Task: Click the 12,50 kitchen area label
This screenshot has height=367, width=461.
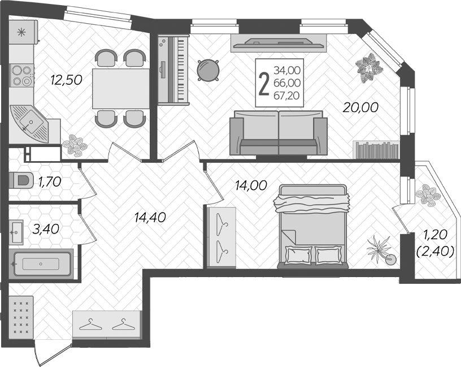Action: tap(66, 80)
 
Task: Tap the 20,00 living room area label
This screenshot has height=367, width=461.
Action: tap(360, 107)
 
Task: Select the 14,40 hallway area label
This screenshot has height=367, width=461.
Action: tap(150, 218)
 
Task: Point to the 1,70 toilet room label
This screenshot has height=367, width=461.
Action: tap(50, 182)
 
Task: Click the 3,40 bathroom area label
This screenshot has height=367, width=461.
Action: tap(46, 229)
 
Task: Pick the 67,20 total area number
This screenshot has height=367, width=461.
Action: tap(287, 96)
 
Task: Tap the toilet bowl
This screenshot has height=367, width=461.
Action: tap(20, 180)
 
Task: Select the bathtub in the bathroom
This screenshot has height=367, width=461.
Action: tap(41, 264)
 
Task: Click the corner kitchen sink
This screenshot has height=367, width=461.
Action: tap(29, 123)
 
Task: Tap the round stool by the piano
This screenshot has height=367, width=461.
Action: tap(208, 70)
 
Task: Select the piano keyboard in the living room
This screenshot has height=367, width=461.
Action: tap(173, 70)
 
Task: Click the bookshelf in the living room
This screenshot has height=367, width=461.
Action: tap(376, 150)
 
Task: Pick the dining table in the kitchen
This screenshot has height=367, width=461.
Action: tap(121, 89)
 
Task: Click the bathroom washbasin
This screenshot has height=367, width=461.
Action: tap(16, 232)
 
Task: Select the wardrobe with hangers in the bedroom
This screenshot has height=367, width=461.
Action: tap(221, 237)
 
